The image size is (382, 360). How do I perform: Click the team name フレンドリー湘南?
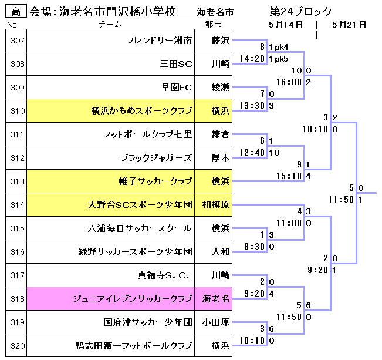(x=159, y=41)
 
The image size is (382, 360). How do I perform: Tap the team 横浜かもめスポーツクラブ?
(x=141, y=111)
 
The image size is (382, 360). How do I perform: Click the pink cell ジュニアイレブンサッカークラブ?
(x=132, y=299)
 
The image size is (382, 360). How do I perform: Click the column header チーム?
(x=110, y=24)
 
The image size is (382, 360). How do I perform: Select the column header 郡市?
(x=214, y=24)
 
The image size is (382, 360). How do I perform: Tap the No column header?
(x=12, y=24)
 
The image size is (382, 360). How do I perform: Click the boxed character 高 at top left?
(x=15, y=12)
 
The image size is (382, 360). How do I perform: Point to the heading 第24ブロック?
(x=300, y=12)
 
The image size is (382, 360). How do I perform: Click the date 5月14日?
(x=286, y=25)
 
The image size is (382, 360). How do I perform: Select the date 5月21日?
(x=349, y=25)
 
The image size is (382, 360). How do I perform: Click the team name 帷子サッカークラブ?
(x=155, y=181)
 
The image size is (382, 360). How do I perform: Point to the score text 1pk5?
(x=278, y=59)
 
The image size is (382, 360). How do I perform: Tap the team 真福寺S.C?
(x=164, y=275)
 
